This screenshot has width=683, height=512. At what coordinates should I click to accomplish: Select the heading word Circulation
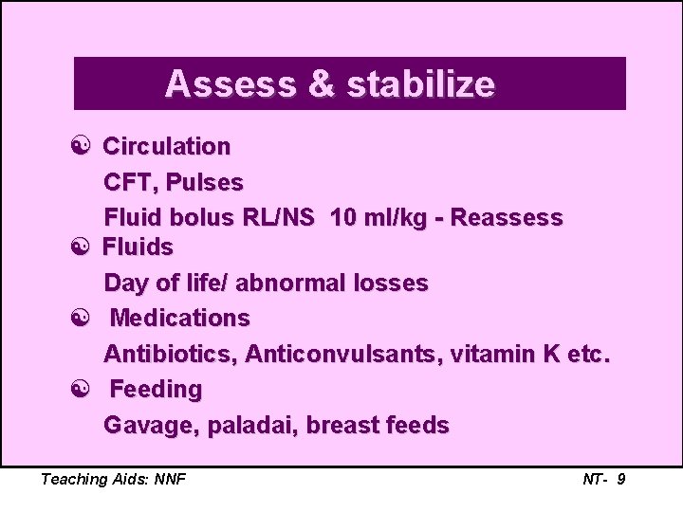(x=166, y=147)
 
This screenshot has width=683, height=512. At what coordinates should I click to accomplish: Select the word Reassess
(x=507, y=218)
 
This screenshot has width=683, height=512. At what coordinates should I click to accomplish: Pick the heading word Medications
(x=179, y=318)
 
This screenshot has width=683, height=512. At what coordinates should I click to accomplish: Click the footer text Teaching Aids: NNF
(x=113, y=479)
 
